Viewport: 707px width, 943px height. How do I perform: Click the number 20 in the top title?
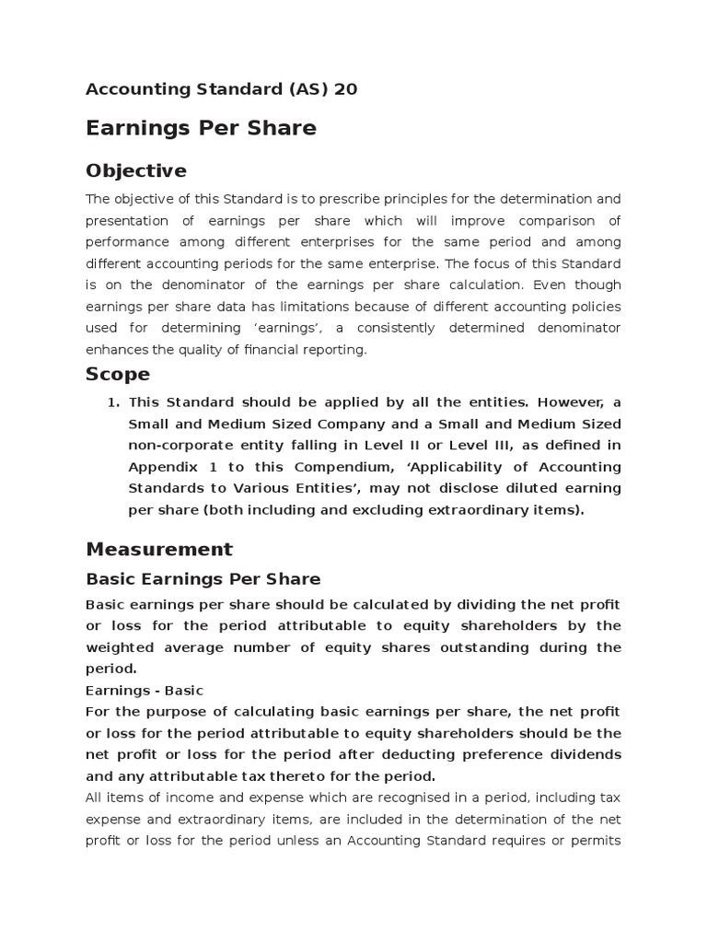tap(345, 89)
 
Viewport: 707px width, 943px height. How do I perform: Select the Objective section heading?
tap(135, 170)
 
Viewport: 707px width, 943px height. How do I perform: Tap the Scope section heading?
tap(118, 374)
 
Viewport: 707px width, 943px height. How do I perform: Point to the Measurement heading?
tap(159, 549)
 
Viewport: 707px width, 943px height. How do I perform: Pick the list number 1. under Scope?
tap(113, 402)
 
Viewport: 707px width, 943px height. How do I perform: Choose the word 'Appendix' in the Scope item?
tap(161, 466)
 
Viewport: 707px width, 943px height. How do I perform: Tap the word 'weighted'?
tap(117, 646)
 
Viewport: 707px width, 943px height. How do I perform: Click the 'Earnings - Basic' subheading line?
tap(145, 690)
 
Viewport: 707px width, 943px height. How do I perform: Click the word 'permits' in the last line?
tap(597, 840)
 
